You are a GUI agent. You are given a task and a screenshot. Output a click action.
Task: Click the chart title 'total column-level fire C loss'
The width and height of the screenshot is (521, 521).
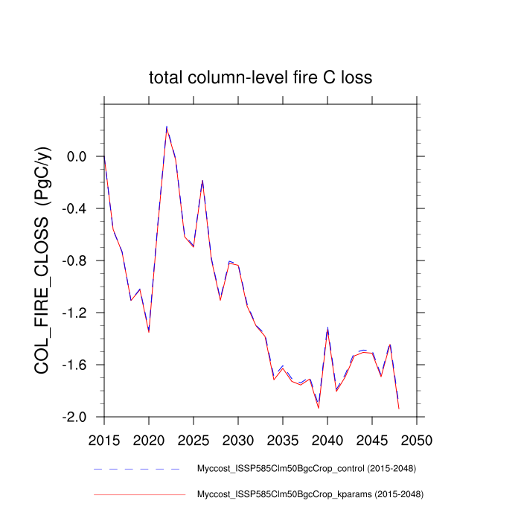click(260, 78)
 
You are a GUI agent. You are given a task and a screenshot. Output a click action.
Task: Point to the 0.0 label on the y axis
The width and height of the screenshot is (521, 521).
click(77, 157)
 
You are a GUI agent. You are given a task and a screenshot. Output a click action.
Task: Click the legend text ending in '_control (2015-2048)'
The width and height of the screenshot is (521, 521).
click(306, 469)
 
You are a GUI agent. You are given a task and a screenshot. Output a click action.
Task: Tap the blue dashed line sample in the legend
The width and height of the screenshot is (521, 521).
click(138, 469)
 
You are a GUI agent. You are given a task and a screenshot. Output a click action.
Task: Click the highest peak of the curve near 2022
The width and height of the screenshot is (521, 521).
click(167, 127)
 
